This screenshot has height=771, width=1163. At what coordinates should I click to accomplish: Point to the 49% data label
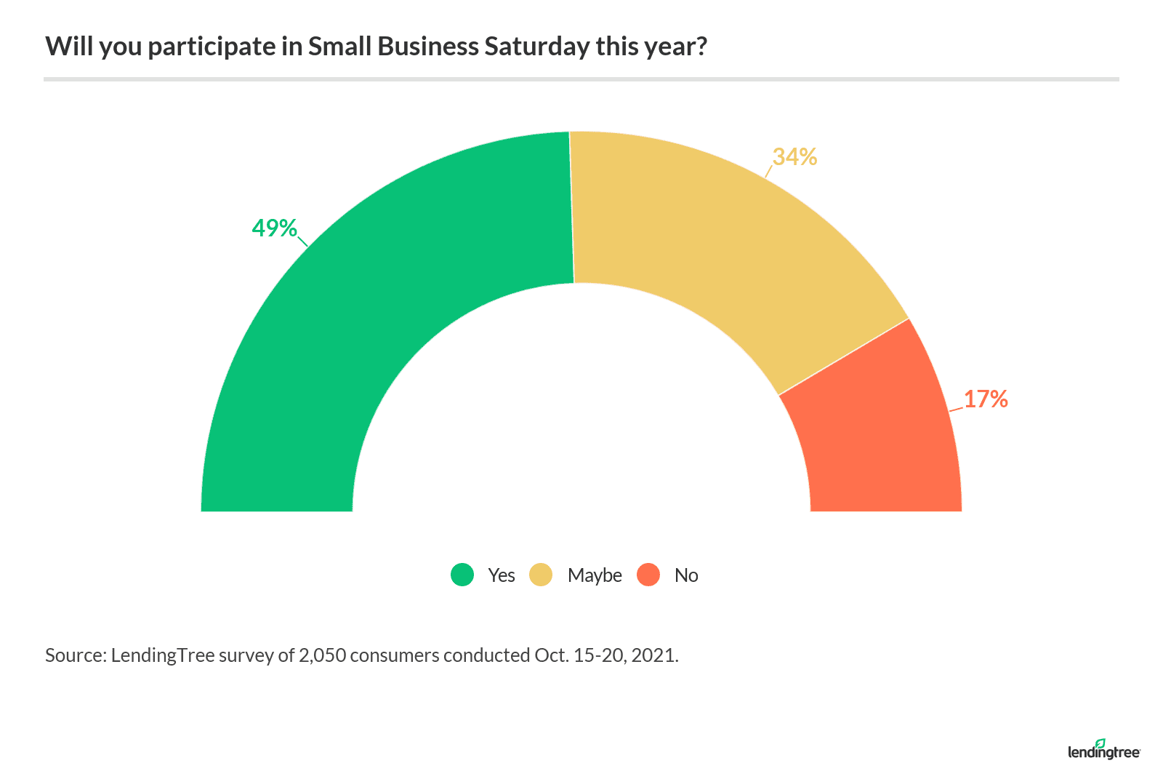pos(274,228)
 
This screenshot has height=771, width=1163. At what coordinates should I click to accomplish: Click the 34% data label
pos(794,157)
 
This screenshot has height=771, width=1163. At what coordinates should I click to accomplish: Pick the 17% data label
pos(986,399)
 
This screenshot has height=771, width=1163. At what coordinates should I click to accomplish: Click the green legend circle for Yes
pos(462,575)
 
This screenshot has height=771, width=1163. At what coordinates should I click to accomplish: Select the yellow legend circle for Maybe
pos(541,575)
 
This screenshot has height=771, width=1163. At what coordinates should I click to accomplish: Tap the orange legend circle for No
pos(648,575)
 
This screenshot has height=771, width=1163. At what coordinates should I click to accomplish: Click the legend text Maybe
pos(595,575)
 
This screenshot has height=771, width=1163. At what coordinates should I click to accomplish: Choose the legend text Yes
pos(502,575)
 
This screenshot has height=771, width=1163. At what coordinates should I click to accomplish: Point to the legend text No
pos(686,575)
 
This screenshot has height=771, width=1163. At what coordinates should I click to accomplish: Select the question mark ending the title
pos(701,47)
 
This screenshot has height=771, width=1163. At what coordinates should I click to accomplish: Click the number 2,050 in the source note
pos(322,655)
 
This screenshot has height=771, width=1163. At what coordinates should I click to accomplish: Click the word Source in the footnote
pos(76,655)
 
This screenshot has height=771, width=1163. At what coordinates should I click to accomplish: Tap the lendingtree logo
pos(1103,750)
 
